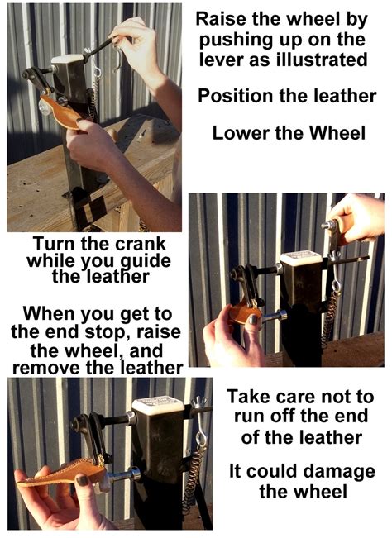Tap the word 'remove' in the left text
(x=46, y=368)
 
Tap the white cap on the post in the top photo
(x=67, y=59)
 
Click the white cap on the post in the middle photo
(x=301, y=258)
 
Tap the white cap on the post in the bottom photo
(x=158, y=406)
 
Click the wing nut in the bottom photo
(x=200, y=402)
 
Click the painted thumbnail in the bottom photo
(x=83, y=480)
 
